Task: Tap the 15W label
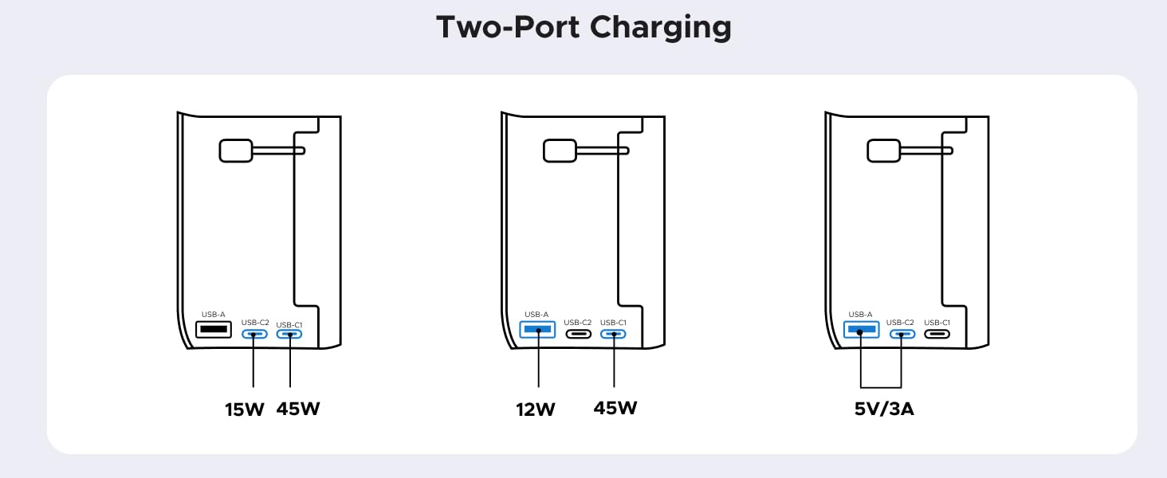245,409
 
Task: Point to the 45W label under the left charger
298,409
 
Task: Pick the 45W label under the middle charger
615,409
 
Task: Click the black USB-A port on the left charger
213,329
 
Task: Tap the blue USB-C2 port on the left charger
254,334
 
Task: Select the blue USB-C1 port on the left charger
289,334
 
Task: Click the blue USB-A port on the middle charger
537,329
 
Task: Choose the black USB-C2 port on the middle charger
578,333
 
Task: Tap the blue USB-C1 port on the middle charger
613,333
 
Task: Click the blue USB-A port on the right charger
862,329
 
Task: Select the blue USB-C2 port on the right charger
902,333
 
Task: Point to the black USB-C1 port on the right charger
937,333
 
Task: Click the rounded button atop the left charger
234,151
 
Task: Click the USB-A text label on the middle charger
537,315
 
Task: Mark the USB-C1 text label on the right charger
937,323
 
